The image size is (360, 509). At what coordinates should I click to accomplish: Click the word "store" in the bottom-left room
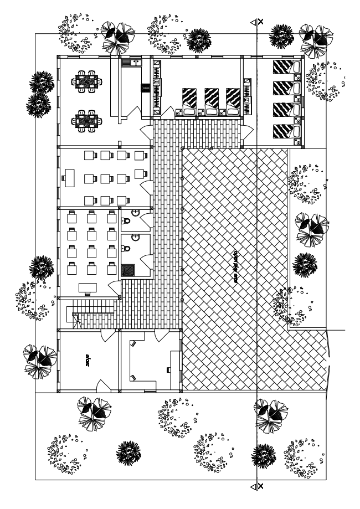pyautogui.click(x=88, y=361)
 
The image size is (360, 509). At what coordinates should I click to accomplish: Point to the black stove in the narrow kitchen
pyautogui.click(x=146, y=88)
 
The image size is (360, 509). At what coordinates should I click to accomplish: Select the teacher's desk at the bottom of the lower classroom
pyautogui.click(x=87, y=287)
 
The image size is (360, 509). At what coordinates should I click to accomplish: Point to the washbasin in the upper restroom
pyautogui.click(x=135, y=213)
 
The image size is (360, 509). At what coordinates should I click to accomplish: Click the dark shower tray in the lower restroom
pyautogui.click(x=128, y=270)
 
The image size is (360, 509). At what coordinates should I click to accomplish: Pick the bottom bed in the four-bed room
pyautogui.click(x=285, y=131)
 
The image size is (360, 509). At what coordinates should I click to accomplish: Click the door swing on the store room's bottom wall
pyautogui.click(x=102, y=385)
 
